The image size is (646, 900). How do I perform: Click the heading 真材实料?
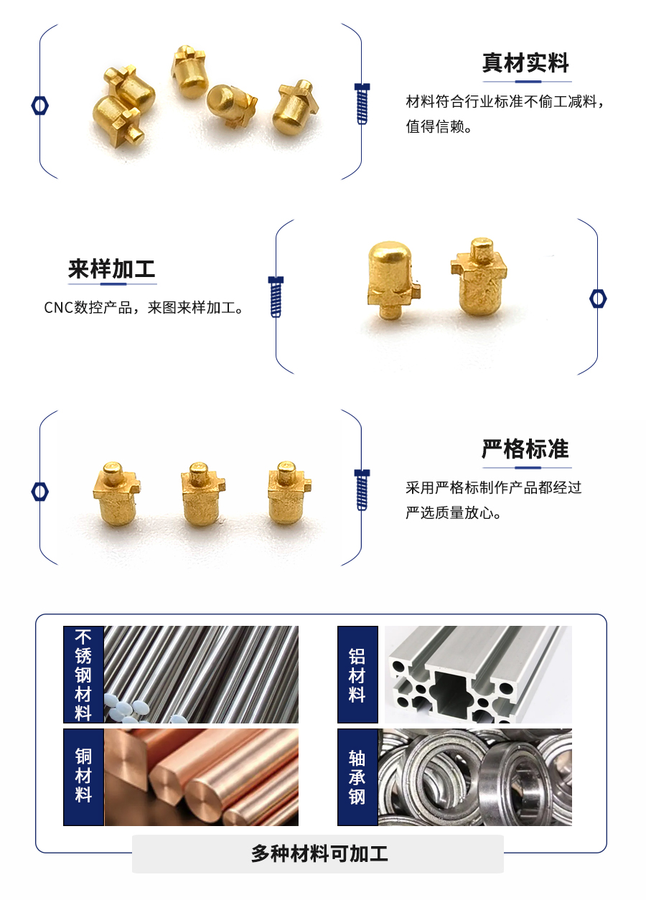coord(525,63)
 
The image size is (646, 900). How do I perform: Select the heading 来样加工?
coord(111,269)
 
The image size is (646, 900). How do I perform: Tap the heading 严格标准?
coord(525,449)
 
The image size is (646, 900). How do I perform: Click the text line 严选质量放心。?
coord(453,513)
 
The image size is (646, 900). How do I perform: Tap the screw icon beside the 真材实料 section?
coord(362,104)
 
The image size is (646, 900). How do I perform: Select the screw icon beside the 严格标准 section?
coord(362,489)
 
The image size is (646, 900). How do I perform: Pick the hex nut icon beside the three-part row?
coord(40,492)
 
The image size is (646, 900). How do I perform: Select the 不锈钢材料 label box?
coord(83,675)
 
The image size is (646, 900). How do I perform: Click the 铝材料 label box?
coord(357,675)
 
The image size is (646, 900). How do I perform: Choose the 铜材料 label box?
coord(83,777)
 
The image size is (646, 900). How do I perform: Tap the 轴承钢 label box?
coord(357,777)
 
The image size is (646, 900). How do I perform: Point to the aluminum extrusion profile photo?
coord(478,675)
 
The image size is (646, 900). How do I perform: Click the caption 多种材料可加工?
coord(319,853)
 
